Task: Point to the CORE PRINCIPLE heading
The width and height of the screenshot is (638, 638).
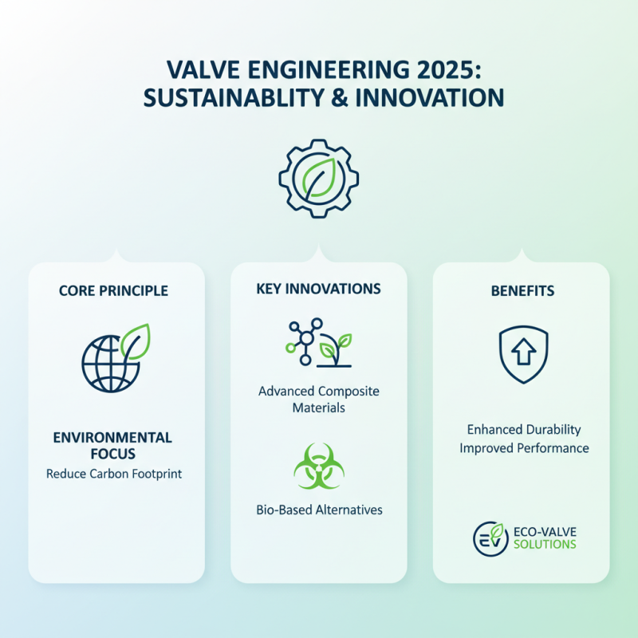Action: [x=114, y=291]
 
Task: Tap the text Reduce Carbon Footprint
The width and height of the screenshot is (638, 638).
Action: [x=114, y=474]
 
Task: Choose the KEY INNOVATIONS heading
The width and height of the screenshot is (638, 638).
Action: [x=319, y=288]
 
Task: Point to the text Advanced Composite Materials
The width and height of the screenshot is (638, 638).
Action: [x=319, y=400]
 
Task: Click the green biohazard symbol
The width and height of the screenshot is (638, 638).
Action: [x=319, y=467]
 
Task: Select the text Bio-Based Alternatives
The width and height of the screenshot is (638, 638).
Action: [x=319, y=509]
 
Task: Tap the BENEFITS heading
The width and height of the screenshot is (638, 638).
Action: [x=522, y=291]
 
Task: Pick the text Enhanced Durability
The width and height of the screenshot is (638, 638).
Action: [x=523, y=430]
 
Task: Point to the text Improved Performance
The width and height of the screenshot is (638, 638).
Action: [x=524, y=448]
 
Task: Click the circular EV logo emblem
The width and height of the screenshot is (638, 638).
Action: [x=488, y=538]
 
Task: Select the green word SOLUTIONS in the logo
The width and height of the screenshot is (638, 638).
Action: [x=545, y=545]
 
